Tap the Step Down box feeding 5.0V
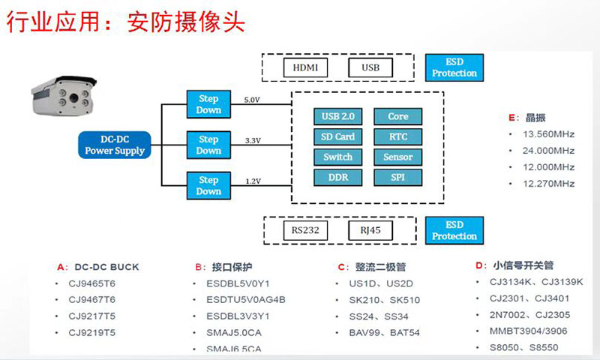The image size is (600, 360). pos(208,104)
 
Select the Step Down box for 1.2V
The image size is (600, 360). pos(208,185)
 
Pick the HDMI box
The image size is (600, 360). pos(305,67)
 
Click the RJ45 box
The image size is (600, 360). pos(370,230)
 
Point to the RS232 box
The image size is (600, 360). pos(305,230)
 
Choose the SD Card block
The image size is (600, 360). pos(338,136)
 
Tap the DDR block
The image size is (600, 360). pos(338,177)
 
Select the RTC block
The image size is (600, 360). pos(398,136)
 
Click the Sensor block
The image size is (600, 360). pos(398,157)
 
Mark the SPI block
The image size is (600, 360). pos(398,177)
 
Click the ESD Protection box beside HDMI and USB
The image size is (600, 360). pos(454,67)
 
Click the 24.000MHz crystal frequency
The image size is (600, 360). pos(548,150)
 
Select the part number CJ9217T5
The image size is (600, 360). pos(91,316)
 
